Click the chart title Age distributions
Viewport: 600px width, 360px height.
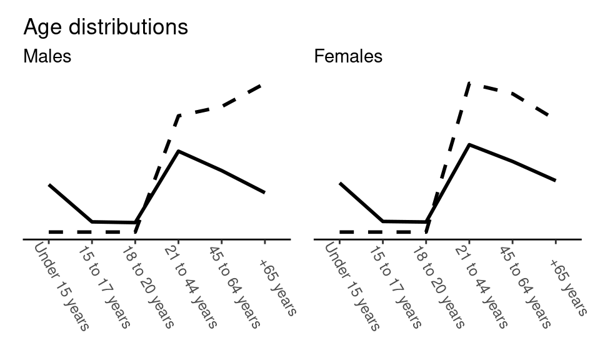[105, 27]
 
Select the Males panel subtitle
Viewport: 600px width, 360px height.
[47, 57]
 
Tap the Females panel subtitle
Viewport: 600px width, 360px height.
[348, 57]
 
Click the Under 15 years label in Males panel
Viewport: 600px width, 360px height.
[62, 286]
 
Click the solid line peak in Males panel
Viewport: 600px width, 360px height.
[178, 151]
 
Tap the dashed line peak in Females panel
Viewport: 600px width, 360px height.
[469, 82]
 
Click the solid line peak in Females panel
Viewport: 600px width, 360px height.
[469, 144]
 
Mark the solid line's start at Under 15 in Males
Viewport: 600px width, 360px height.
[49, 185]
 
